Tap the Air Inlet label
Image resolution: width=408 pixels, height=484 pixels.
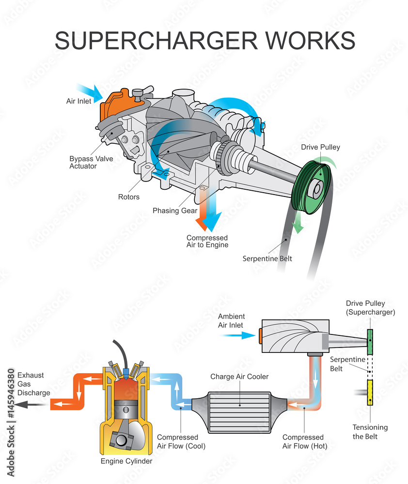tap(78, 101)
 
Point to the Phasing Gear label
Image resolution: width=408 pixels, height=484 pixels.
tap(175, 211)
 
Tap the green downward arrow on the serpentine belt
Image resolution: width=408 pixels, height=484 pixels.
tap(298, 224)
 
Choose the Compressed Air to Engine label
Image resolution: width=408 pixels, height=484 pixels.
tap(207, 241)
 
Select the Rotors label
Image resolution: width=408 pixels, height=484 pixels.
tap(129, 197)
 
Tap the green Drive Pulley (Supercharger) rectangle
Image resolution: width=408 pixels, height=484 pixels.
tap(370, 342)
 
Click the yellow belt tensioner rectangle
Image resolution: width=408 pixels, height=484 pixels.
tap(370, 392)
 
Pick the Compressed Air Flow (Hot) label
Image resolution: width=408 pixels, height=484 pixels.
tap(303, 441)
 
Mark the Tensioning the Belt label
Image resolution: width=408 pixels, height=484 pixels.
tap(370, 432)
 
